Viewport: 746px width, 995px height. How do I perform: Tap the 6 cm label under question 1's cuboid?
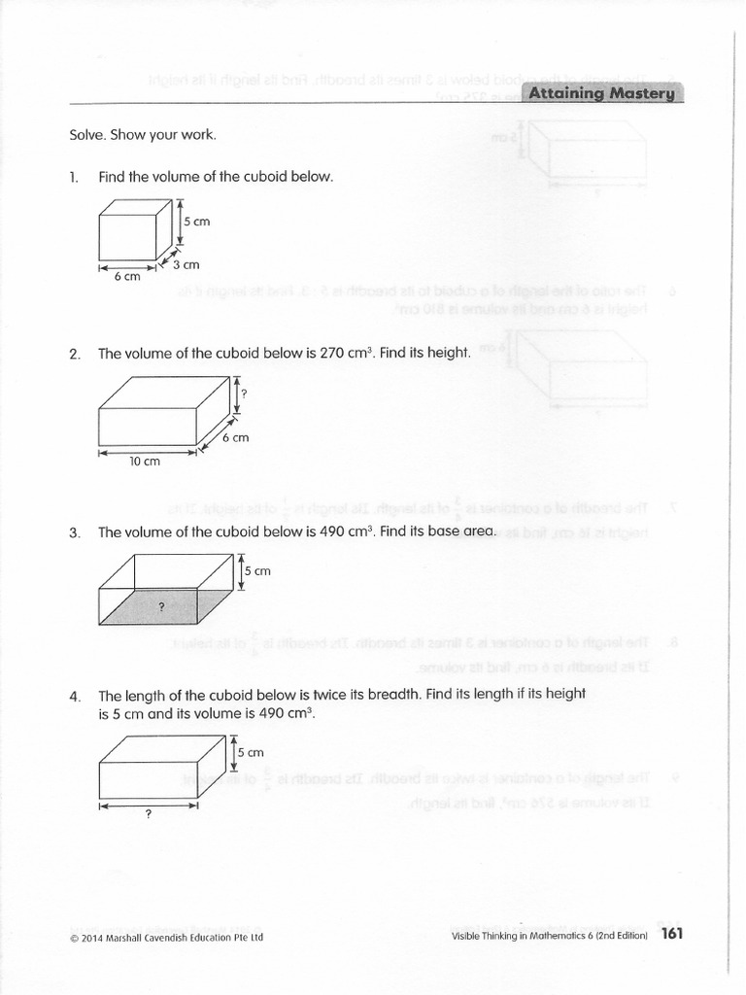pyautogui.click(x=127, y=277)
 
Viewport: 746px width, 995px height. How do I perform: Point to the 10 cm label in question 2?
pyautogui.click(x=145, y=462)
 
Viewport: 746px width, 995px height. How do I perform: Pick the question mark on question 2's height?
pyautogui.click(x=246, y=393)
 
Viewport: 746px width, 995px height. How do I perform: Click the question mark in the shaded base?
pyautogui.click(x=162, y=605)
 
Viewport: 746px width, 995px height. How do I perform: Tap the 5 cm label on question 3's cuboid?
pyautogui.click(x=257, y=571)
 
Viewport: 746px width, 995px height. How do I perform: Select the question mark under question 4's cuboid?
pyautogui.click(x=148, y=815)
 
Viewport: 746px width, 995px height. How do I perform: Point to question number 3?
pyautogui.click(x=74, y=532)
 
